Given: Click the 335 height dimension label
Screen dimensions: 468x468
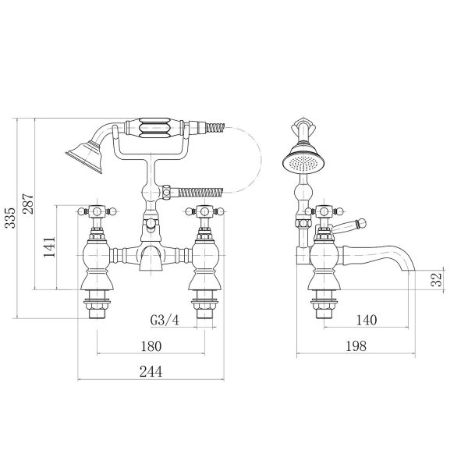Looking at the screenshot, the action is click(x=11, y=218).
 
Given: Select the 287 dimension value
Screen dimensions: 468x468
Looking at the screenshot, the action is click(x=29, y=204).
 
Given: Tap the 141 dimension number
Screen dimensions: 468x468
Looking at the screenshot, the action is click(x=50, y=247).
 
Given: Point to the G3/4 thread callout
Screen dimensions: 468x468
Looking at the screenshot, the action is click(x=165, y=321).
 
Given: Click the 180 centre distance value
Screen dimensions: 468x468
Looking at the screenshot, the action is click(x=151, y=346).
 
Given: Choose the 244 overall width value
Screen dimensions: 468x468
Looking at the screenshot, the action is click(x=151, y=372).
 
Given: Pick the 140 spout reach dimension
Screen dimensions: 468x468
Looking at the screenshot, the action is click(x=367, y=321).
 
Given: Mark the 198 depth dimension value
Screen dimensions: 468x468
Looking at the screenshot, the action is click(x=356, y=346).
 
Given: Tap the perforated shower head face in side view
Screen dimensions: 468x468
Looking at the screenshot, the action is click(x=304, y=163).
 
